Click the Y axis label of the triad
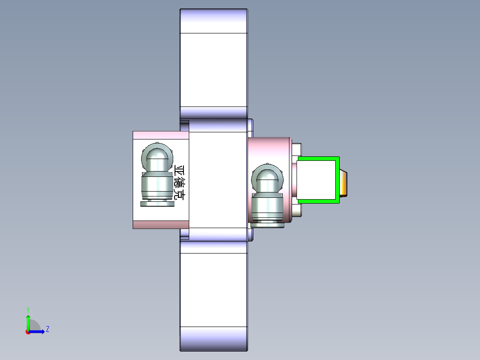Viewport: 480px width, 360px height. (x=28, y=310)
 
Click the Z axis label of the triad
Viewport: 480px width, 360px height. (x=48, y=329)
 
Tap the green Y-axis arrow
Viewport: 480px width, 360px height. (x=28, y=322)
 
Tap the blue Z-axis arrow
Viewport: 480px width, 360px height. (x=37, y=331)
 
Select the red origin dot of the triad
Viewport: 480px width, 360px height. (x=28, y=332)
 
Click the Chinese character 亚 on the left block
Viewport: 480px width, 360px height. (x=179, y=170)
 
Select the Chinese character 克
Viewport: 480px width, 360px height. (x=179, y=194)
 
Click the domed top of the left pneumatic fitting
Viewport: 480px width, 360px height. (x=157, y=157)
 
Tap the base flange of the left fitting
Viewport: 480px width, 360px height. (x=157, y=204)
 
